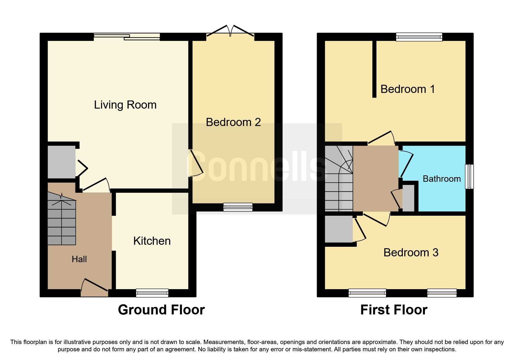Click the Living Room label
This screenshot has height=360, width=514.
point(125,105)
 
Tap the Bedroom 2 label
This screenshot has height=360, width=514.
point(233,122)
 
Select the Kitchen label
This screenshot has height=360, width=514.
point(152,241)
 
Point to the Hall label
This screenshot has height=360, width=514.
point(79,259)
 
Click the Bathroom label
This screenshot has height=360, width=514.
point(441,179)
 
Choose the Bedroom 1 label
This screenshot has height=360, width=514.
point(407,89)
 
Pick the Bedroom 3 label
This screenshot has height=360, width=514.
point(411,253)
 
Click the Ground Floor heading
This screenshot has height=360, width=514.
point(161,310)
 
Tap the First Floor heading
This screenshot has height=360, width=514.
point(394,310)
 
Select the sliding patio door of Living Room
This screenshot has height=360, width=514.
point(127,37)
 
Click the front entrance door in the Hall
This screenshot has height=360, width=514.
point(95,287)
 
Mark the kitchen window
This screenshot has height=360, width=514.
point(152,293)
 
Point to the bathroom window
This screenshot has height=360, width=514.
point(469,177)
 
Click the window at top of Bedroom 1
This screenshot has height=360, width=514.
point(419,37)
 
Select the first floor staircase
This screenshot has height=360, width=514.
point(338,179)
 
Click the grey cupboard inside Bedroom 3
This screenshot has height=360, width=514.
point(338,229)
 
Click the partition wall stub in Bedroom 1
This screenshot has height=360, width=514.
point(374,69)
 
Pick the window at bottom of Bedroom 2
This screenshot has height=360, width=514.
point(238,207)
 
